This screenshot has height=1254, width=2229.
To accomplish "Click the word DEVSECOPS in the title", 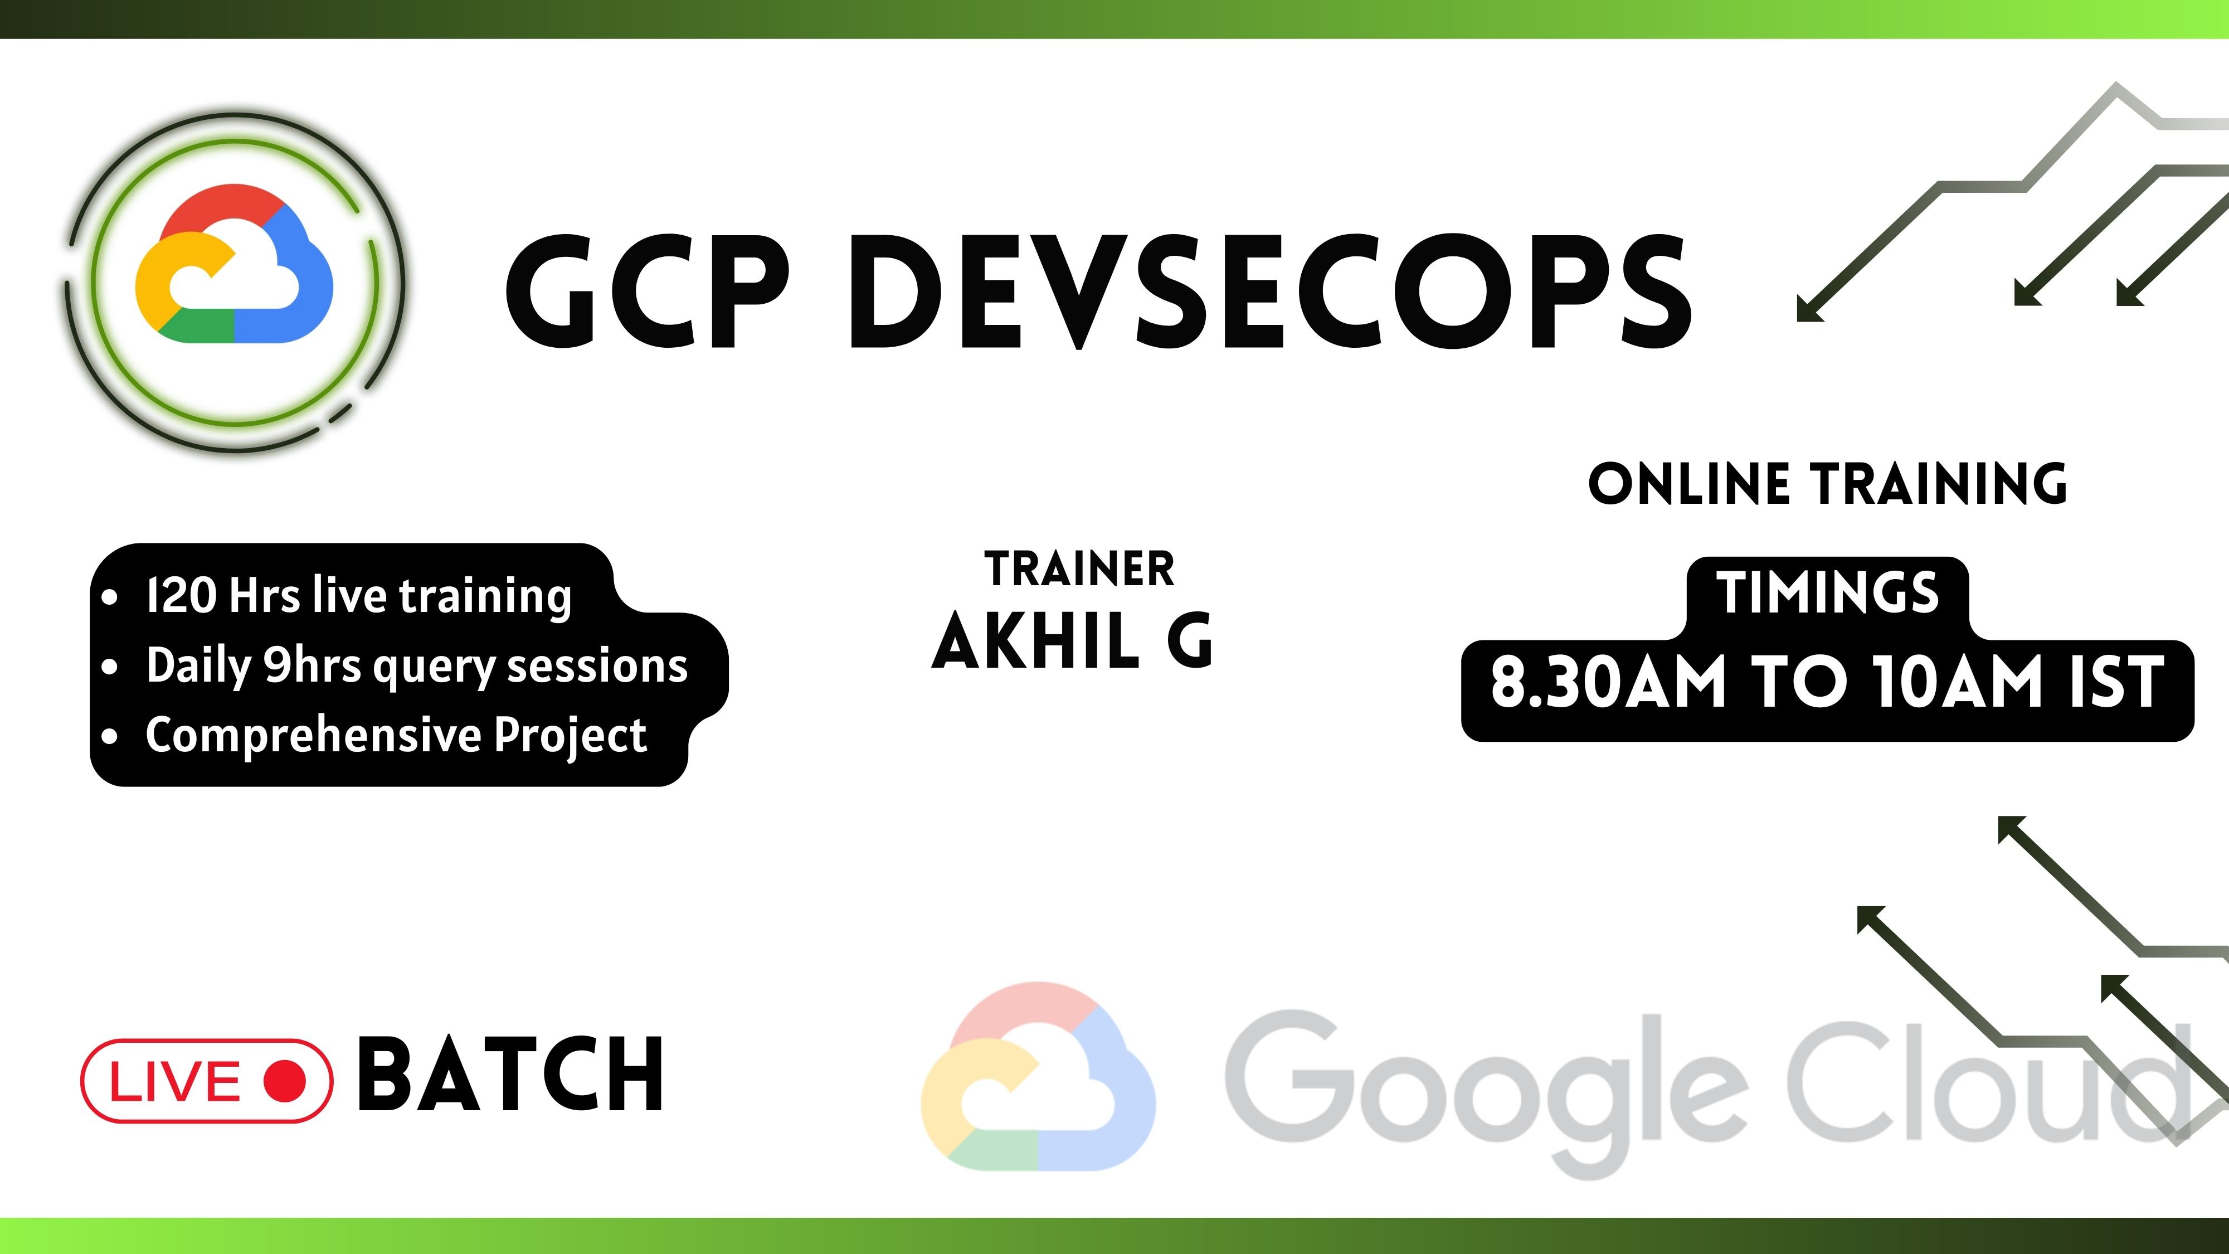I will coord(1271,291).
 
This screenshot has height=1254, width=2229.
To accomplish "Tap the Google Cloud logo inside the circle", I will coord(233,264).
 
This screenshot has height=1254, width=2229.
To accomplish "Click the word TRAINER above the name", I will coord(1079,570).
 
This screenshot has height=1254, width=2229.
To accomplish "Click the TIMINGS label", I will coord(1828,593).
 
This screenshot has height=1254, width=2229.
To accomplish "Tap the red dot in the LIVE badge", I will coord(285,1081).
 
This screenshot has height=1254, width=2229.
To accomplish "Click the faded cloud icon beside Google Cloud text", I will coord(1038,1077).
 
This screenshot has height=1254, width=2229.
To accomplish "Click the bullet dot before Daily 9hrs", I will coord(109,667).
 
